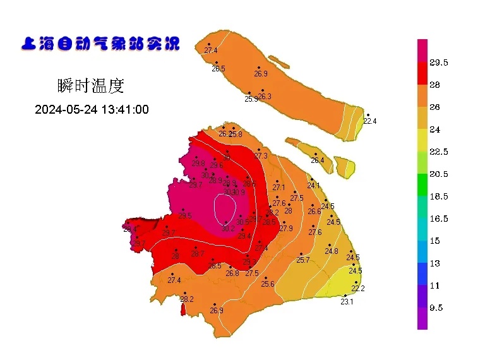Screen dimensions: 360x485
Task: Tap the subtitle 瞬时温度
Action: pos(90,84)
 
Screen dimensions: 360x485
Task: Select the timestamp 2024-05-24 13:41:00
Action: pos(92,109)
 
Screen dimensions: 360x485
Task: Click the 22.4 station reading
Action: pos(370,121)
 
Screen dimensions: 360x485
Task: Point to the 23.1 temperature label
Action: pos(347,302)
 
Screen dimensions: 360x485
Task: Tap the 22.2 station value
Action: pos(358,289)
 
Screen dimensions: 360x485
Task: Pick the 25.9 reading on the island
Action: pos(251,99)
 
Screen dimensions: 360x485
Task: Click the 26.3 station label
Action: pos(265,97)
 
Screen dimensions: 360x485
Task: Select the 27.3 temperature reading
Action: pos(261,156)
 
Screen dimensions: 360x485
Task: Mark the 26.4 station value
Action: pos(317,160)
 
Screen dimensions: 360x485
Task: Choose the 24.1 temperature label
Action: pos(314,186)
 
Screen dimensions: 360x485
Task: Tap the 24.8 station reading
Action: pos(332,251)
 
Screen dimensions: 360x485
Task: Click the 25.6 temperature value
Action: pos(268,284)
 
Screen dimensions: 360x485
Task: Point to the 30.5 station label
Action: pos(242,222)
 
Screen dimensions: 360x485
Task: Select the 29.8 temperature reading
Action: pos(198,163)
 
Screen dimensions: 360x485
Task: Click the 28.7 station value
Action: pos(198,254)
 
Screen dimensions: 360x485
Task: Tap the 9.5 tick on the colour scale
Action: pos(436,308)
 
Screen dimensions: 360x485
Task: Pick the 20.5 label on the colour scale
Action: pos(438,174)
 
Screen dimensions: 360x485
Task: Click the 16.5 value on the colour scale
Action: pos(438,219)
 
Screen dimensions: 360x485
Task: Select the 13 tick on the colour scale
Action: pos(434,263)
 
